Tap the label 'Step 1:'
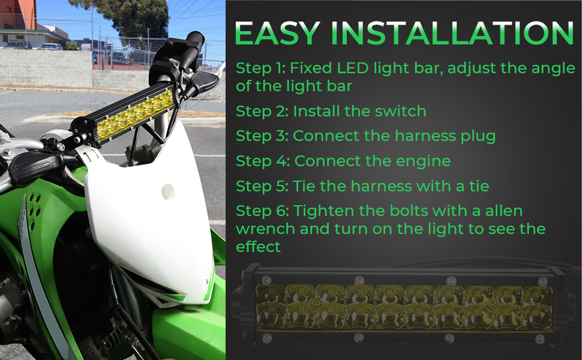pyautogui.click(x=260, y=68)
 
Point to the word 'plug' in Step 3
pyautogui.click(x=478, y=136)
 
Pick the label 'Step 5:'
pyautogui.click(x=261, y=186)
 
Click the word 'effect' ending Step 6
pyautogui.click(x=258, y=246)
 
